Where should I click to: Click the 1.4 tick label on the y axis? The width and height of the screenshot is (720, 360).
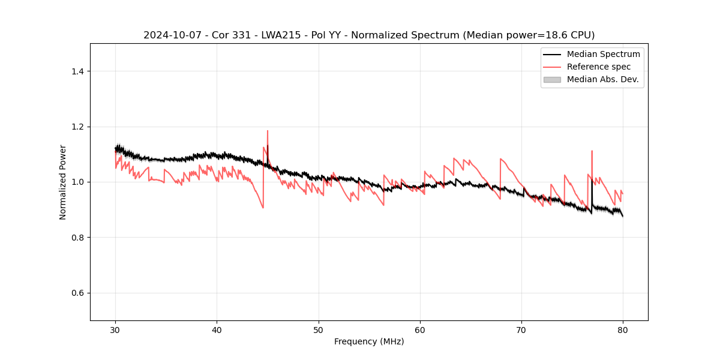coord(77,71)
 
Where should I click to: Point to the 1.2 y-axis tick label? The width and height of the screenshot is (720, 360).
coord(77,127)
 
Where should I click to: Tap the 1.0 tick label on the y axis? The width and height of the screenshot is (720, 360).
coord(77,182)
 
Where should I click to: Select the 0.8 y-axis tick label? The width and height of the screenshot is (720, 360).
coord(77,238)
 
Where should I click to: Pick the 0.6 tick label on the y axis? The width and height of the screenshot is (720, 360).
coord(77,293)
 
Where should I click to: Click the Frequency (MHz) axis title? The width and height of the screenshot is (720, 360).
coord(369,341)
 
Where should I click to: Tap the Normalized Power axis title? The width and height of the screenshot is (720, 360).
coord(63,182)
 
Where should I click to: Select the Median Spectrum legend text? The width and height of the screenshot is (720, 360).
coord(603,54)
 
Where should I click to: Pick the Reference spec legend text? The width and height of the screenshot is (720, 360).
coord(598,67)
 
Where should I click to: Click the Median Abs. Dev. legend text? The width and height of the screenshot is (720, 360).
coord(602,79)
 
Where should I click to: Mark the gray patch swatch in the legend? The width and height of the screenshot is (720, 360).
coord(551,79)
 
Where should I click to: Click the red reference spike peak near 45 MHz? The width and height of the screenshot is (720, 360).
coord(268,131)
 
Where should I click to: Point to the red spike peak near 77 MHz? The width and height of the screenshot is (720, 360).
coord(592,151)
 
